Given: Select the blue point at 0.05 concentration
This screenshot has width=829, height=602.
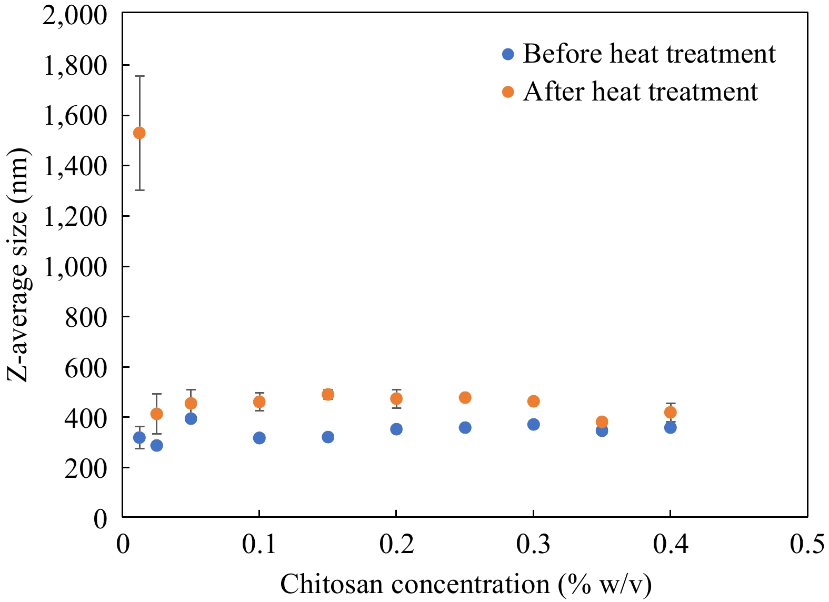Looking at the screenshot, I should pos(191,418).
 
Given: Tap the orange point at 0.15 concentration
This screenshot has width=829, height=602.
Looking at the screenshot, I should pos(328,395).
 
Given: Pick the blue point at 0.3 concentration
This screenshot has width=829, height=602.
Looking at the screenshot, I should pos(533,424).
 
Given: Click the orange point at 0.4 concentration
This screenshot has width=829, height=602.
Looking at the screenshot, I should pos(670,412).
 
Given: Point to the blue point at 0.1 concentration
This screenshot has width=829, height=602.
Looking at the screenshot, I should pos(259,438).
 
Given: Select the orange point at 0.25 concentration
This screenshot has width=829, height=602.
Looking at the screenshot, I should pos(465,398).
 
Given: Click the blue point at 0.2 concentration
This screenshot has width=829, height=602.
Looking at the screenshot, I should pos(396,429).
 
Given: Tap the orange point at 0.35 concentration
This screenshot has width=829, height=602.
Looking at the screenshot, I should pos(602,422).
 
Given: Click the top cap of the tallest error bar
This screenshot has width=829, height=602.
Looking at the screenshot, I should pos(139,76).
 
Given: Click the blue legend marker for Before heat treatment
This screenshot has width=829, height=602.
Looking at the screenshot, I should pos(508,54).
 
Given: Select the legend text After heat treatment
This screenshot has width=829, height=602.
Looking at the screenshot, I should pos(640,92).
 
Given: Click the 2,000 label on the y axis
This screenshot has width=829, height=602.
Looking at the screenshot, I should pos(75,15).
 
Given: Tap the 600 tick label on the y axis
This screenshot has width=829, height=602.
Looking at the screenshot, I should pos(86,367).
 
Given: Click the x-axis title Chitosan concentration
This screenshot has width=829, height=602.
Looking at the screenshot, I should pos(466,584).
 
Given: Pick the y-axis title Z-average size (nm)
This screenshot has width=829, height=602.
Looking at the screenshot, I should pos(19,266).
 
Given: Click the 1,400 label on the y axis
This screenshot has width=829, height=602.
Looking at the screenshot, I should pos(75,166).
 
